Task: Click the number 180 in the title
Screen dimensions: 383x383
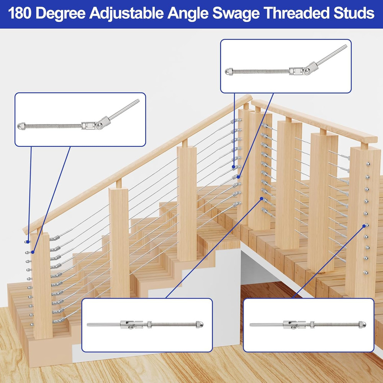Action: point(21,13)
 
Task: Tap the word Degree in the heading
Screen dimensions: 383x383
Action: point(61,13)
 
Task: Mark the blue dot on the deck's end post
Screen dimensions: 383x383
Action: point(364,226)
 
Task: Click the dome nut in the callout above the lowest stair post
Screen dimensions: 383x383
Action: point(21,125)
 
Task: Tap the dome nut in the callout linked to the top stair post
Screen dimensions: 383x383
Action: point(228,71)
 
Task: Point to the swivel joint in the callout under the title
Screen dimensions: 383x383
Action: point(306,70)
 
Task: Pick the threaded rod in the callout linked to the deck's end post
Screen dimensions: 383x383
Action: point(337,325)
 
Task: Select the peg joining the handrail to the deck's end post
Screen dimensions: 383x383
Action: point(364,146)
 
